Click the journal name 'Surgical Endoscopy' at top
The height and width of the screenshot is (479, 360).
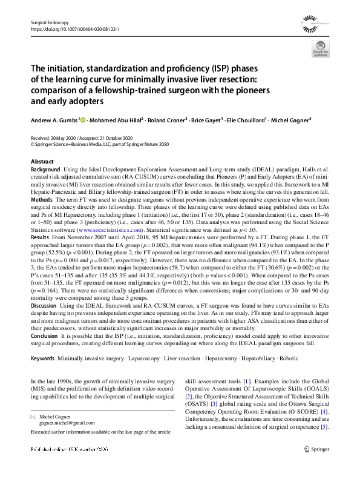click(x=47, y=21)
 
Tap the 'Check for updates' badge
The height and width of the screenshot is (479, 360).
click(x=321, y=51)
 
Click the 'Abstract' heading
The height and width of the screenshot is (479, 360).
click(x=42, y=162)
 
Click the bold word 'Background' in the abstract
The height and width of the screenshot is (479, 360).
click(x=46, y=170)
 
